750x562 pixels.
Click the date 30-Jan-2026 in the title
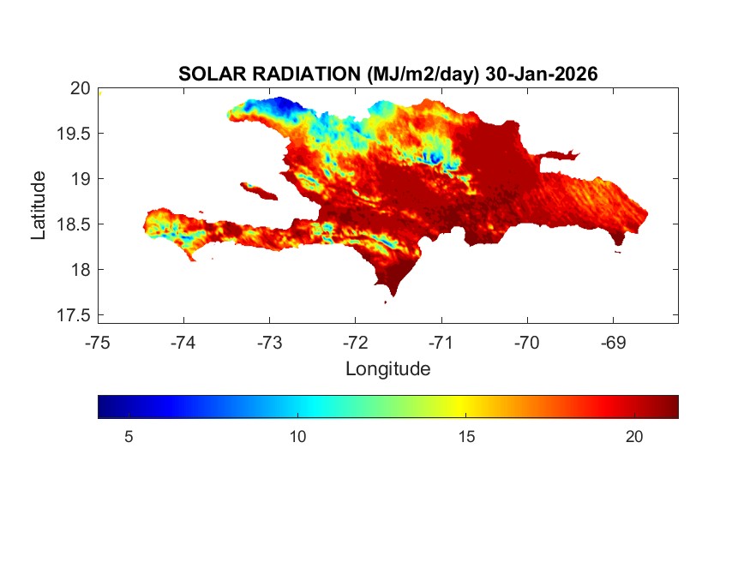541,75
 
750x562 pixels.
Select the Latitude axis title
39,206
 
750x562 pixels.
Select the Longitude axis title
387,369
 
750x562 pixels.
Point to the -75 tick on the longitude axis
98,343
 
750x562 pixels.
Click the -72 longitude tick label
355,343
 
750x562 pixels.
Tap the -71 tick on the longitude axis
441,343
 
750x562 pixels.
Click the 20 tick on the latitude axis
80,88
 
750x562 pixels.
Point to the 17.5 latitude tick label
74,315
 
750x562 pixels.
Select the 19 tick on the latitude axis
80,179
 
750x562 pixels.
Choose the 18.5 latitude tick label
74,224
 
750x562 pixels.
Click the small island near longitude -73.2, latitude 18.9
255,189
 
